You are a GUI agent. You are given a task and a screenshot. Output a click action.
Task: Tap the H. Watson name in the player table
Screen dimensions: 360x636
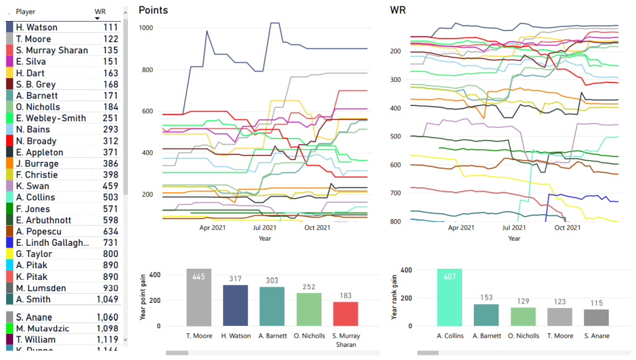(x=37, y=27)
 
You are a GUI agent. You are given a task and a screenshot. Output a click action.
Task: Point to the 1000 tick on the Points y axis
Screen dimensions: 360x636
(x=146, y=28)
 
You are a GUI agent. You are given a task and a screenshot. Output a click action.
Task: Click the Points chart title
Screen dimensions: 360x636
(x=153, y=10)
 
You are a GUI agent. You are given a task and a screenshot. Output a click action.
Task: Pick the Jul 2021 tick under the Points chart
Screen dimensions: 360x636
(x=265, y=228)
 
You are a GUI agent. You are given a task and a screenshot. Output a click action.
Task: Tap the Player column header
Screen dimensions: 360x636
(x=25, y=12)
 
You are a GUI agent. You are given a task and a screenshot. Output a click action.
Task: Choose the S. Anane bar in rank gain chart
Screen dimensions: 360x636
(x=596, y=317)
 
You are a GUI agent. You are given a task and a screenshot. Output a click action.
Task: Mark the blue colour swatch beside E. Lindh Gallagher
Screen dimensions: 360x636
(x=9, y=243)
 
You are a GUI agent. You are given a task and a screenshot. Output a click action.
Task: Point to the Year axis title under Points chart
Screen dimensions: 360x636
(x=265, y=238)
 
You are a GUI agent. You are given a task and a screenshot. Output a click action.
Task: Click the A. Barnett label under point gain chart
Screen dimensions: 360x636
(x=272, y=336)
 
